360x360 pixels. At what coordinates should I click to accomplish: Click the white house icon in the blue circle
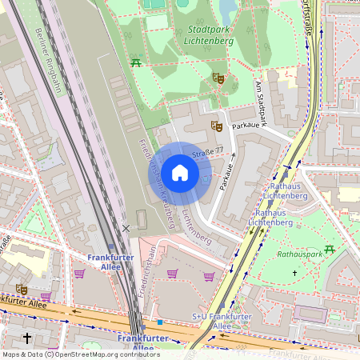coord(180,173)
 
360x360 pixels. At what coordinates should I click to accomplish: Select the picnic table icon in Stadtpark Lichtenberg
coord(137,62)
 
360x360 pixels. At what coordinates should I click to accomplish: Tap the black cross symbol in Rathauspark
coord(294,274)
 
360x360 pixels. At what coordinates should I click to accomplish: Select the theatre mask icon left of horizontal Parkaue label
coord(215,126)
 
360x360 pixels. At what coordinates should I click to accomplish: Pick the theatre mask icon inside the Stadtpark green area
coord(217,78)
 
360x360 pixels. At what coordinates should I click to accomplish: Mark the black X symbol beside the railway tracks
coord(126,229)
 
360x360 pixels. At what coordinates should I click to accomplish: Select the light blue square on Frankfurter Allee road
coord(160,322)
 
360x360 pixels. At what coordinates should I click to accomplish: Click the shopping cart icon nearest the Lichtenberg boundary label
coord(209,277)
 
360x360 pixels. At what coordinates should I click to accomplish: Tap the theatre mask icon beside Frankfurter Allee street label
coord(21,289)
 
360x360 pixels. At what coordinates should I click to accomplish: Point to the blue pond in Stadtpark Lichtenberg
coord(228,10)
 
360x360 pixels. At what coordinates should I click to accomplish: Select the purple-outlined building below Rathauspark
coord(312,314)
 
